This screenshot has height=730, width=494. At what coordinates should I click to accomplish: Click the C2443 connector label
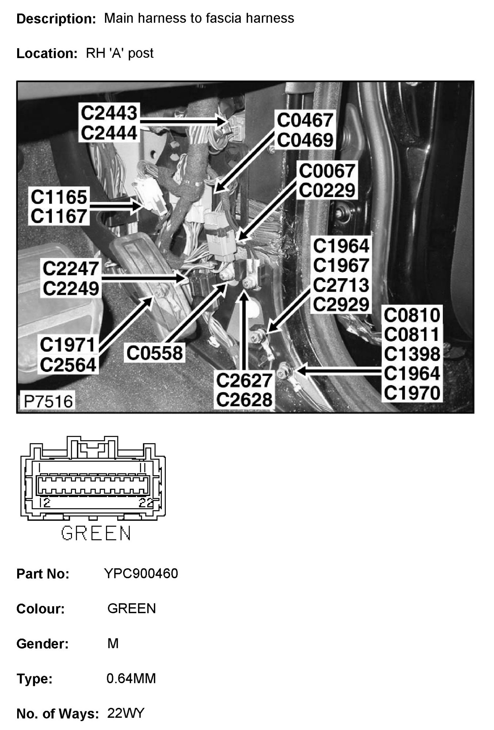click(109, 113)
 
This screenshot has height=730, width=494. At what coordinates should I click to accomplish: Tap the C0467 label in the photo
click(305, 121)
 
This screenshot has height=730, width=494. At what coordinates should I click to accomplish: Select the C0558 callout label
click(155, 353)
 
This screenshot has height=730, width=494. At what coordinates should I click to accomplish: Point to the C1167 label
click(59, 216)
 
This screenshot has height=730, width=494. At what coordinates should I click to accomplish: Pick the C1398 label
click(412, 354)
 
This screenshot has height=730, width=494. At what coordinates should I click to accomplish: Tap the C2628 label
click(244, 400)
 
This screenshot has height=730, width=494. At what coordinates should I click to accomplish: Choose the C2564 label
click(68, 365)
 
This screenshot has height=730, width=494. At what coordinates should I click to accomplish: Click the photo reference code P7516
click(48, 401)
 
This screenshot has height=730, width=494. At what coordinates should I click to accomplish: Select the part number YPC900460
click(141, 573)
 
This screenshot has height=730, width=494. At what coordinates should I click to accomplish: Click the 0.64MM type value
click(131, 679)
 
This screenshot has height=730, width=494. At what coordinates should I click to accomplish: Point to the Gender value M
click(113, 643)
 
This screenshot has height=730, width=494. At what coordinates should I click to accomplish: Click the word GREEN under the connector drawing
click(96, 533)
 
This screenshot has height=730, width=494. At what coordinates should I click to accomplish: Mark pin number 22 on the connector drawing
click(146, 503)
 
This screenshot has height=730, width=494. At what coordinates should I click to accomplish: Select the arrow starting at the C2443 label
click(183, 121)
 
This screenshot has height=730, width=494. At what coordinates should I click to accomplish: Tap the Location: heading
click(47, 54)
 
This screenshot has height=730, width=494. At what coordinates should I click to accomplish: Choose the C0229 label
click(327, 191)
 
